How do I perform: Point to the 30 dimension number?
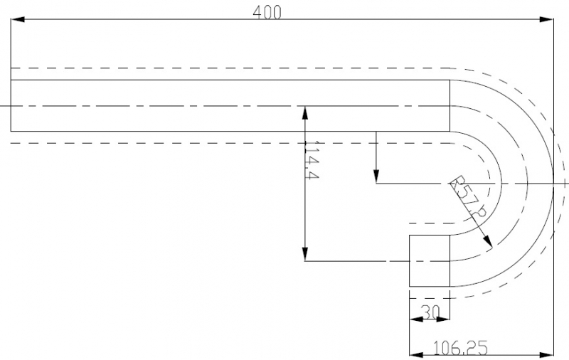[430, 312]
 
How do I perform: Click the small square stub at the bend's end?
[430, 261]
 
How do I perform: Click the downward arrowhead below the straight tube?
[376, 176]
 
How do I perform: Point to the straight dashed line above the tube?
[213, 68]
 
